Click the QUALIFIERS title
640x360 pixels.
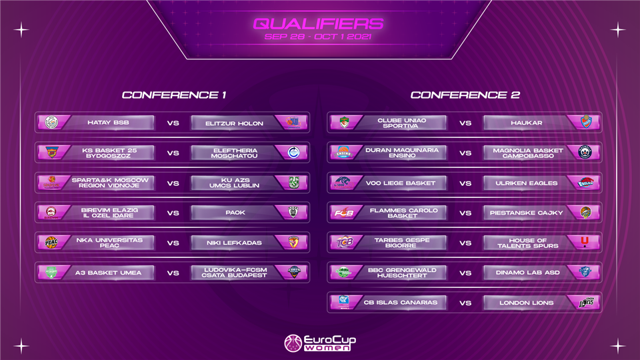point(319,24)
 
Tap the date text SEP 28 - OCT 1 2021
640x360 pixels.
point(318,37)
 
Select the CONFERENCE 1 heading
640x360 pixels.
point(174,95)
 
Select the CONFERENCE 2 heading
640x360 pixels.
point(465,95)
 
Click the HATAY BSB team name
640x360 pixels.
point(108,123)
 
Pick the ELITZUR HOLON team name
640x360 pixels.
point(234,123)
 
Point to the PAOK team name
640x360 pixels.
point(235,213)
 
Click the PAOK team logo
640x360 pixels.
point(293,212)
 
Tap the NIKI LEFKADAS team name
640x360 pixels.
point(234,243)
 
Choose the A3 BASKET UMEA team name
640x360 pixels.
point(108,273)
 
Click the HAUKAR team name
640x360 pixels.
point(527,123)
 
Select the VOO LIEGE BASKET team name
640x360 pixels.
point(401,183)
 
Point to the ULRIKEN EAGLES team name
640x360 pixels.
point(527,183)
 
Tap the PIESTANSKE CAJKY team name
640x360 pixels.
point(527,213)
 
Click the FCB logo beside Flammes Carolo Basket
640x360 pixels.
point(344,213)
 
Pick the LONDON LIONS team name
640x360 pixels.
point(527,303)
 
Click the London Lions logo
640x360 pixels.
point(586,303)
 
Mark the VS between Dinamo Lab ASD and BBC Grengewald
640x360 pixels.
point(465,273)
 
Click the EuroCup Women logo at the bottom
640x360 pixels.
point(319,343)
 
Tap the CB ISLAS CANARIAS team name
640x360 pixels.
point(401,303)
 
